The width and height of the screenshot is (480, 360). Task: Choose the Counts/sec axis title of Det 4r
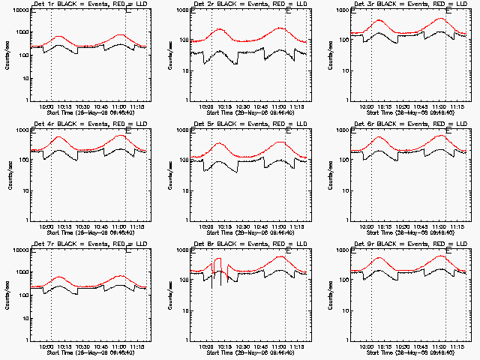click(8, 175)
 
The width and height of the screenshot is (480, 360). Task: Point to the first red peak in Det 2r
click(219, 29)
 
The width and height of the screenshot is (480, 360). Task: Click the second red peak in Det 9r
click(440, 256)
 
